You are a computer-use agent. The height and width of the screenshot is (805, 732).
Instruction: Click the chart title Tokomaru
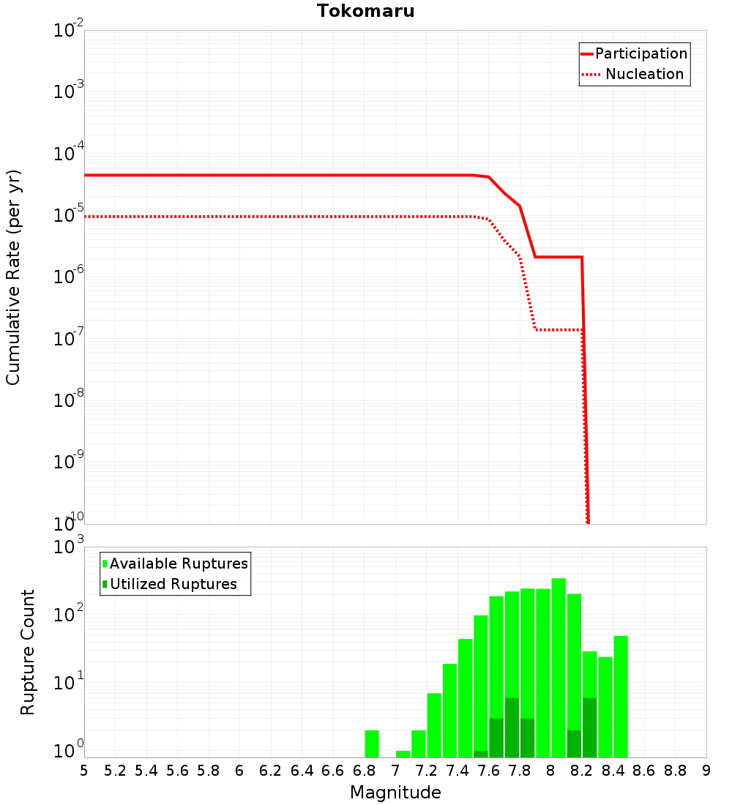coord(365,11)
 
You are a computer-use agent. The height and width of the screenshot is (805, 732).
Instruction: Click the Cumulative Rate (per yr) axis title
coord(13,277)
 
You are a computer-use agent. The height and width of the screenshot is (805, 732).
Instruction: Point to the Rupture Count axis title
coord(28,652)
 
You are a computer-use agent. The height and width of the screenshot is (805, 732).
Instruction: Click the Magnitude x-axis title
coord(395,793)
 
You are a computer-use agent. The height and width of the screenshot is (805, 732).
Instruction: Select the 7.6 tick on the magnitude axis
coord(488,771)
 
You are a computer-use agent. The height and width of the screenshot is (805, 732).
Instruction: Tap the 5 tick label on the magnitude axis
coord(84,771)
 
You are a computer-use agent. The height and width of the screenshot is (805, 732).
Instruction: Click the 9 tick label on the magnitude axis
coord(706,771)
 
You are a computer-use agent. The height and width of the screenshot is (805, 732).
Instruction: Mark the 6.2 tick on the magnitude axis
coord(271,771)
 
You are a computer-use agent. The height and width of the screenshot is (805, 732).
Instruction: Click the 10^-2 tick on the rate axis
coord(68,31)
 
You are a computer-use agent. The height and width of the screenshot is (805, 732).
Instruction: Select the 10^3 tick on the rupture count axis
coord(68,547)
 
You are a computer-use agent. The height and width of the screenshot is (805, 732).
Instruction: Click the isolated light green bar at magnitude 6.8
coord(372,744)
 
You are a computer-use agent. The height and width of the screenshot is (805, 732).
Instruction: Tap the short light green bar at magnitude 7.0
coord(403,754)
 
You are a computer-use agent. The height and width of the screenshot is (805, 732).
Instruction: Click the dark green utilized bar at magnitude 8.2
coord(589,727)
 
